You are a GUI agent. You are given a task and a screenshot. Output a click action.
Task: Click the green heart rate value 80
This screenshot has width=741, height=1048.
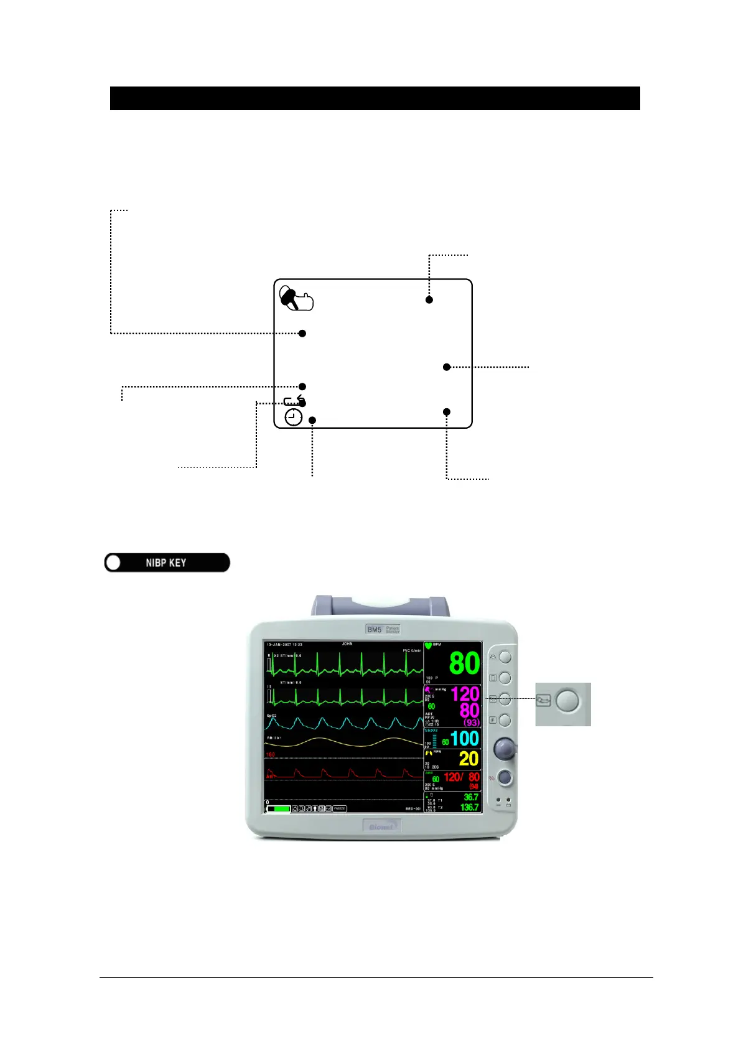coord(464,663)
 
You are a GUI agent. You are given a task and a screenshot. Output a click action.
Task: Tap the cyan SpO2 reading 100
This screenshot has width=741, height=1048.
coord(464,739)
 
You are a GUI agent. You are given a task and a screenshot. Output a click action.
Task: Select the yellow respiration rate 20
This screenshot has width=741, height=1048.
coord(468,759)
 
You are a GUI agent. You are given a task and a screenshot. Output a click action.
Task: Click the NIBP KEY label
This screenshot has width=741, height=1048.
coord(166,563)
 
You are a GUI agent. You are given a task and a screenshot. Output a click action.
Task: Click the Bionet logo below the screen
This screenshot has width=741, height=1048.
coord(381,826)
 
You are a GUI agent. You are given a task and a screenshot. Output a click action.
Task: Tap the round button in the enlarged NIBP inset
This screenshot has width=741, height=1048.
coord(567,701)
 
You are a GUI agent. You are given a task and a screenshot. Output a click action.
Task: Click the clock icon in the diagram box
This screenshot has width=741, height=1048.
coord(294,418)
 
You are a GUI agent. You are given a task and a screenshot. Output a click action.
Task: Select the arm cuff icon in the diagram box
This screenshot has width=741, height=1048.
coord(296,298)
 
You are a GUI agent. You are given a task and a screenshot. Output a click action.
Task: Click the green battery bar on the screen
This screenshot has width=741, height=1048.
coord(279,808)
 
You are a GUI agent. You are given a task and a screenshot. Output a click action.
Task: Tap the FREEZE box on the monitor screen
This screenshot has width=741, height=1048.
coord(339,808)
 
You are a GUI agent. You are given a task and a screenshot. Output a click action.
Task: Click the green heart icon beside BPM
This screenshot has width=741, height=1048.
coord(429,646)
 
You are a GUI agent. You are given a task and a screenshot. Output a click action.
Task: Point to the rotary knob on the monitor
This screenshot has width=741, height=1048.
coord(505,749)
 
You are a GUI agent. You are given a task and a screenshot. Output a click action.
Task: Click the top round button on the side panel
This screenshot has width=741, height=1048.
coord(505,657)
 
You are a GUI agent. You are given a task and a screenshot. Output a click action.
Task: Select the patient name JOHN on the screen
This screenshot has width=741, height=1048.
coord(347,644)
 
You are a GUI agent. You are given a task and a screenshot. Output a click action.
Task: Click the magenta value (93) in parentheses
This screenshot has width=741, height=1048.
coord(472,723)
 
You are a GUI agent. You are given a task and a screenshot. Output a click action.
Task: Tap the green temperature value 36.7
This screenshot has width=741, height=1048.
coord(471,797)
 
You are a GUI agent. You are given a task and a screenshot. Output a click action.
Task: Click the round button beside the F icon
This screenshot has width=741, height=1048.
coord(505,720)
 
